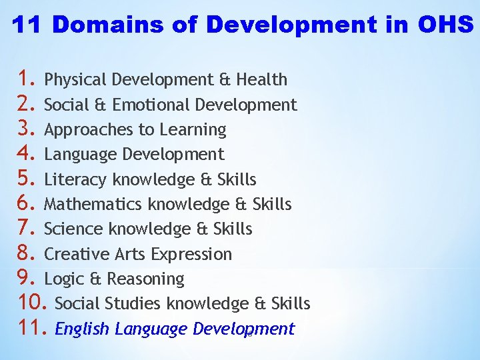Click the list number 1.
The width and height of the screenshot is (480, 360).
pos(27,79)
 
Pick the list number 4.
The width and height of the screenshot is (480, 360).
pos(27,154)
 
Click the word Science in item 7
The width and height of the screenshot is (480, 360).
pos(73,229)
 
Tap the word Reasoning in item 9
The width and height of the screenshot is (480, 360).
pos(145,279)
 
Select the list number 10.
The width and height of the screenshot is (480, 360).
pos(32,303)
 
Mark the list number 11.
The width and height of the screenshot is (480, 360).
pos(32,329)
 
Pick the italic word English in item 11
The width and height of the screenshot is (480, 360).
pos(82,329)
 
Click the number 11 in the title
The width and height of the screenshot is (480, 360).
pos(27,25)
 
